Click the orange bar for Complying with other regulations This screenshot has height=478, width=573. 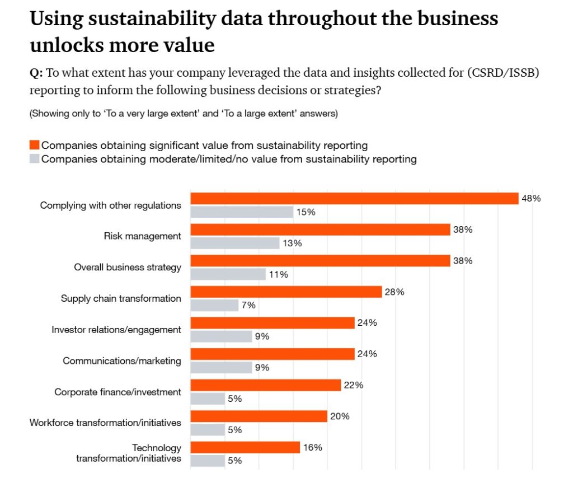355,199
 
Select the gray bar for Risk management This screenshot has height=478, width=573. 235,243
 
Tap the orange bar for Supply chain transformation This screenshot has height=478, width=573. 286,292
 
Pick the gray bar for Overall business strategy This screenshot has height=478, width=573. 228,274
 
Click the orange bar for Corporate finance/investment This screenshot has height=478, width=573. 266,385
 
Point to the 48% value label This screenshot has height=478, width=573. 531,198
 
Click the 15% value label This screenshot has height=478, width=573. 306,212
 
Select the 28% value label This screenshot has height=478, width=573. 394,292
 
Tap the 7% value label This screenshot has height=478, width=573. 248,305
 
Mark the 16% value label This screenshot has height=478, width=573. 312,447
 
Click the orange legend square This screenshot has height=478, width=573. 34,146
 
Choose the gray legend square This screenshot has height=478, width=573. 34,159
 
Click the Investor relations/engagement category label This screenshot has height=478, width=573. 116,330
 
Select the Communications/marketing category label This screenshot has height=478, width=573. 122,361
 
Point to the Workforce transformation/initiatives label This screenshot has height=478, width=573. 105,423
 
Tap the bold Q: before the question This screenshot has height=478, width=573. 36,73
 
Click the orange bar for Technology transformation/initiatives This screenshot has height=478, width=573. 246,447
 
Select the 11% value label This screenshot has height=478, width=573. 279,274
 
